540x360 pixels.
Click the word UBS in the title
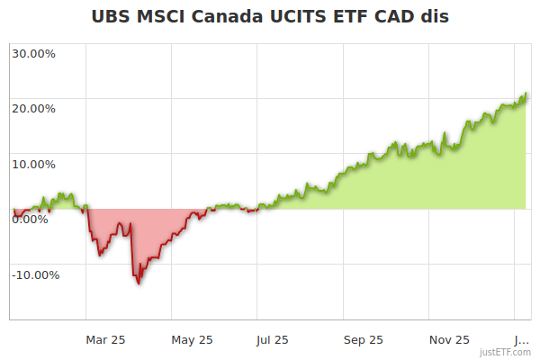click(x=113, y=17)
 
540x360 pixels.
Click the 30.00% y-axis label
click(x=33, y=53)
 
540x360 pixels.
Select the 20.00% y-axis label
click(x=33, y=109)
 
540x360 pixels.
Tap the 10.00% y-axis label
click(x=33, y=165)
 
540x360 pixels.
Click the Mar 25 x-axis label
click(x=105, y=339)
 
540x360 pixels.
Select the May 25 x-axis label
click(x=192, y=339)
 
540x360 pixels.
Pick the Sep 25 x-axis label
click(x=364, y=339)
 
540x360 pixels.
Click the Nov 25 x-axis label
click(x=449, y=339)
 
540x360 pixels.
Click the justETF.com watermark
click(x=506, y=352)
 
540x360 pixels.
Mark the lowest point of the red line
click(x=138, y=283)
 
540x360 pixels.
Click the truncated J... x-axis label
click(x=521, y=339)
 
